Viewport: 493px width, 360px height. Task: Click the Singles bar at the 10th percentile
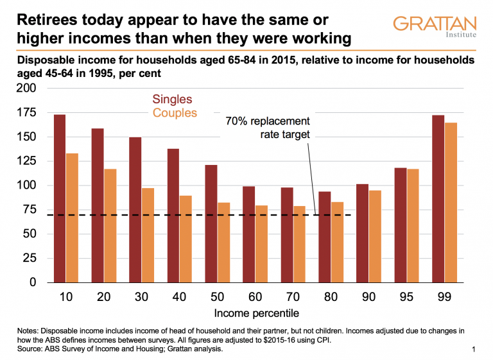coord(60,198)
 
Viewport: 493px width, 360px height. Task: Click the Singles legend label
coord(172,99)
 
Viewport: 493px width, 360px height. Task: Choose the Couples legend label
coord(175,113)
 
